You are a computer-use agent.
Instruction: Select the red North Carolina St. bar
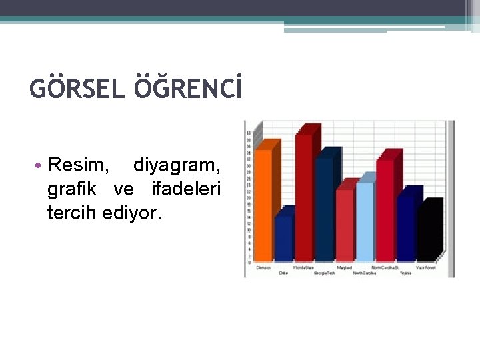coord(385,209)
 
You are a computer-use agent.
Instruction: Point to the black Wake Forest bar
coord(427,233)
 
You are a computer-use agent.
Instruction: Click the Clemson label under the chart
coord(263,267)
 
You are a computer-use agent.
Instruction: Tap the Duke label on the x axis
coord(283,273)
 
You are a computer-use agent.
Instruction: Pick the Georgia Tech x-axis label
coord(325,273)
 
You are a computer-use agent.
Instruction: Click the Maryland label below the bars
coord(345,267)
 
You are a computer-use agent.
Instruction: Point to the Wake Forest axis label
coord(427,267)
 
